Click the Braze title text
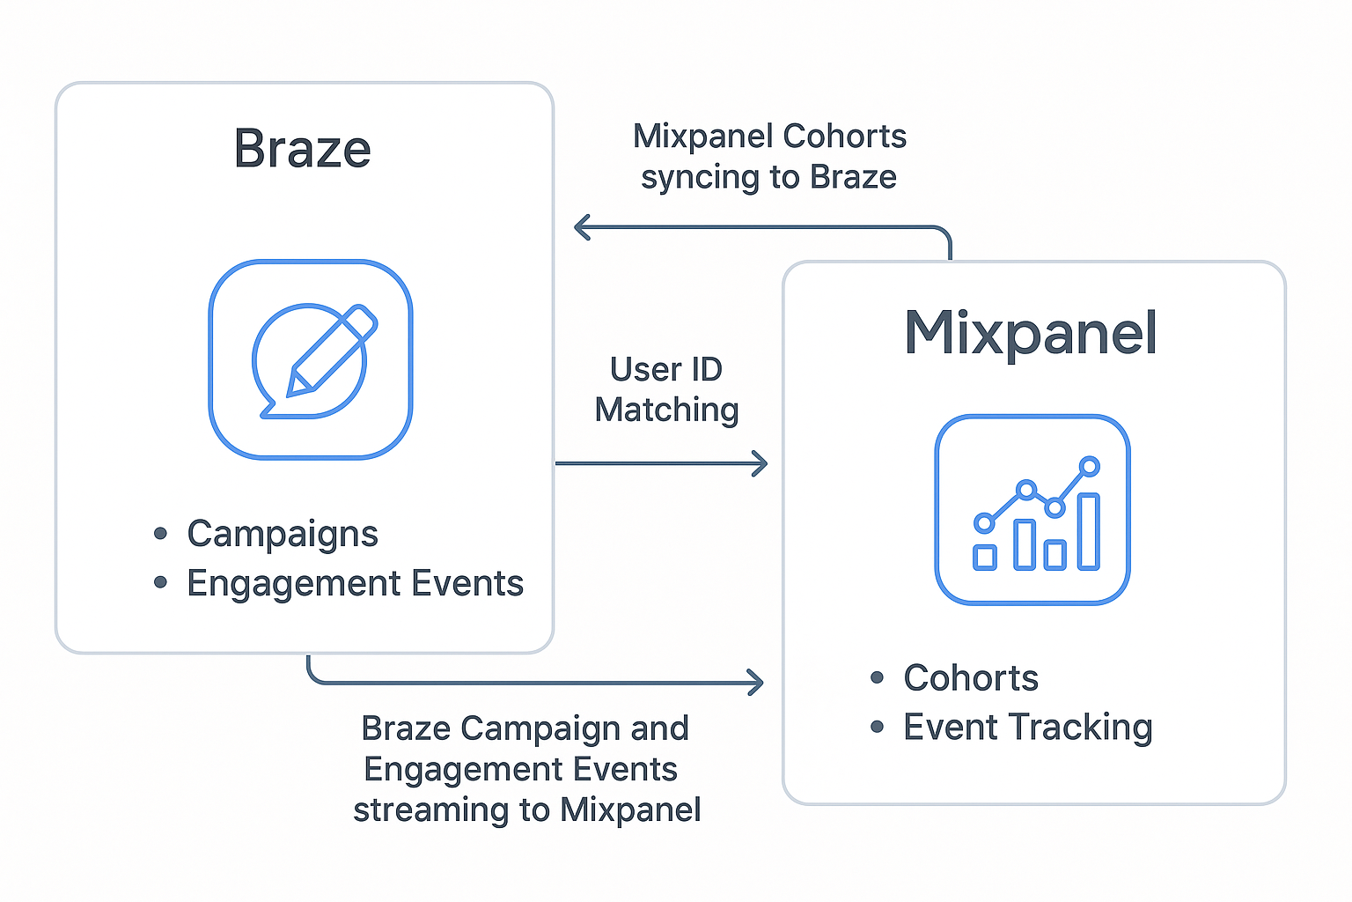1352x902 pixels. coord(302,149)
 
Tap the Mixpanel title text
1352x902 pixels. coord(1030,333)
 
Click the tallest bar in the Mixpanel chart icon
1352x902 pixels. coord(1089,531)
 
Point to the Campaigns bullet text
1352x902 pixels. coord(282,534)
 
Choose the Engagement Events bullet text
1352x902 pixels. coord(355,583)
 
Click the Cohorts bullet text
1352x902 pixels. coord(970,678)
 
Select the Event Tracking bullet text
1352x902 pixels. coord(1027,728)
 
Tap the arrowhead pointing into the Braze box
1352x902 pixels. coord(582,227)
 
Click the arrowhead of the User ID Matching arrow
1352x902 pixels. coord(760,463)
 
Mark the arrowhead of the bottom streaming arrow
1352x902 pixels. coord(755,683)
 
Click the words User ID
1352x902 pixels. coord(665,370)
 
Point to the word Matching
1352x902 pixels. coord(666,410)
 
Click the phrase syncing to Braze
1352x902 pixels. coord(768,177)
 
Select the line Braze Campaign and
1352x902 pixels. coord(525,728)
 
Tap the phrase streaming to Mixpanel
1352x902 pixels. coord(526,810)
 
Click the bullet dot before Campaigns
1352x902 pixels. coord(160,534)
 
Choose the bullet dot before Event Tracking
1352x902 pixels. coord(877,728)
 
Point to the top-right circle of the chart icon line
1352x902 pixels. coord(1090,466)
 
